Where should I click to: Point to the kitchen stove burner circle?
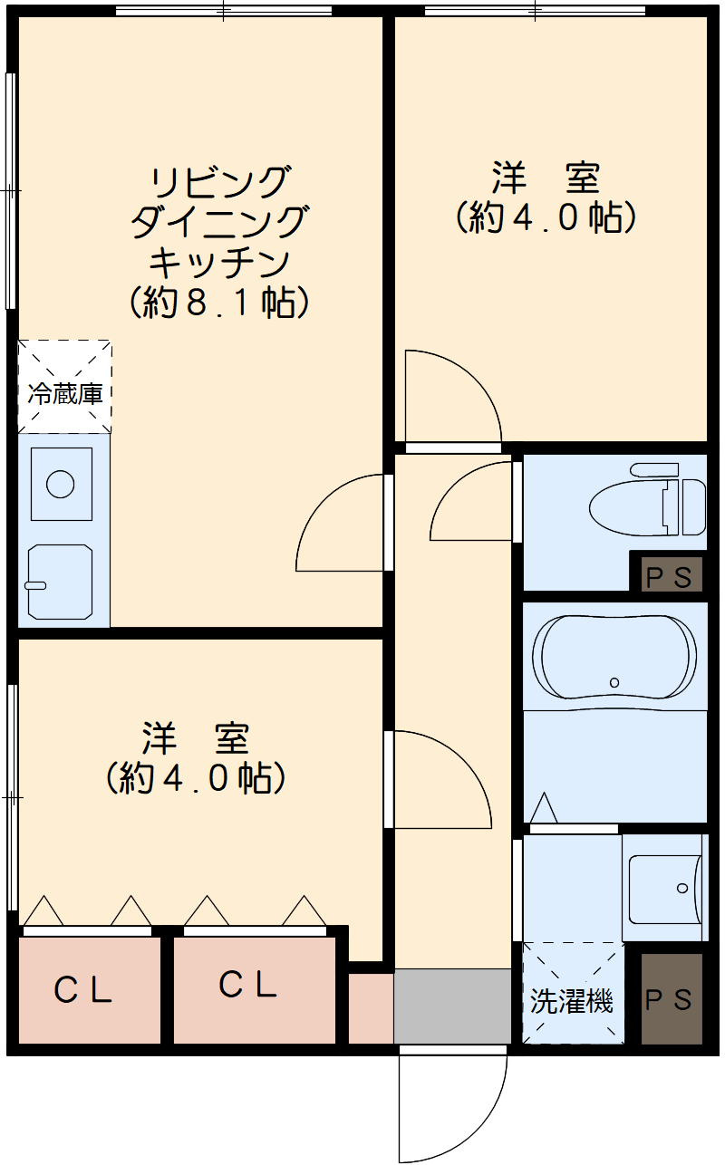[x=61, y=484]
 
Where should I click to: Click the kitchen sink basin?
[x=60, y=581]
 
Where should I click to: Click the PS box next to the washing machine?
[x=671, y=998]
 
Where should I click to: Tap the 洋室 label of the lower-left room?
[x=195, y=739]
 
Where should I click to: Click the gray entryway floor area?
[x=452, y=1006]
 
